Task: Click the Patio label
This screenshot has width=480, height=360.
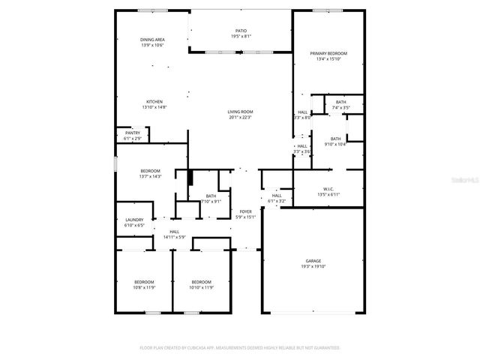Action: pos(241,31)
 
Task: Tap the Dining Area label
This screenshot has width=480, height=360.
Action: pos(152,40)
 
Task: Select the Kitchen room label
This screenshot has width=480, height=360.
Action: pos(154,102)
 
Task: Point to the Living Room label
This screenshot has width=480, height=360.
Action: pos(241,112)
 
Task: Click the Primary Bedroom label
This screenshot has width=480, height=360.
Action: pos(329,53)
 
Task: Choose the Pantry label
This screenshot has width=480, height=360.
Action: pos(132,133)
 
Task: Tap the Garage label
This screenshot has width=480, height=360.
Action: pos(313,261)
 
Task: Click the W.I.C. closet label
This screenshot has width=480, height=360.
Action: pos(329,189)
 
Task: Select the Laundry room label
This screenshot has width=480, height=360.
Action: pos(134,220)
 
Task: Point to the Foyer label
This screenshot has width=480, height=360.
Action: pos(245,212)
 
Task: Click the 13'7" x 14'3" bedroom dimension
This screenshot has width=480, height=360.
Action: pos(151,176)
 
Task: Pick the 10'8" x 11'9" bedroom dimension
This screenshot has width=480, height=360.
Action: pos(144,286)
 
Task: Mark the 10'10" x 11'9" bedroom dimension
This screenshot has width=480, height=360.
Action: pos(201,286)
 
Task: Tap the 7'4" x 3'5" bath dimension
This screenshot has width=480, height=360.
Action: pos(341,107)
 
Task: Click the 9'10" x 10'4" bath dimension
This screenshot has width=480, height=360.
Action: pos(335,144)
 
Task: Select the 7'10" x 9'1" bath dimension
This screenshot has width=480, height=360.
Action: pos(211,201)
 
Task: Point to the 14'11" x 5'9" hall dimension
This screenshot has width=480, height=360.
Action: pos(174,237)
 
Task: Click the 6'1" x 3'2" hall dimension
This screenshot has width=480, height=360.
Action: pos(277,201)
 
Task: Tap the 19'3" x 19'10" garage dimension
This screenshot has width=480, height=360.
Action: pos(313,266)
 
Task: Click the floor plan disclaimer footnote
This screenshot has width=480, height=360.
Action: pos(240,348)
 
